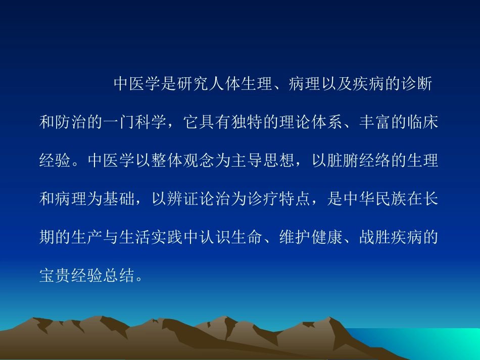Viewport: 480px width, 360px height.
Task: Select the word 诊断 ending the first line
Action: tap(415, 85)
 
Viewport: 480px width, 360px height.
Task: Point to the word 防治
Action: tap(71, 123)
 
